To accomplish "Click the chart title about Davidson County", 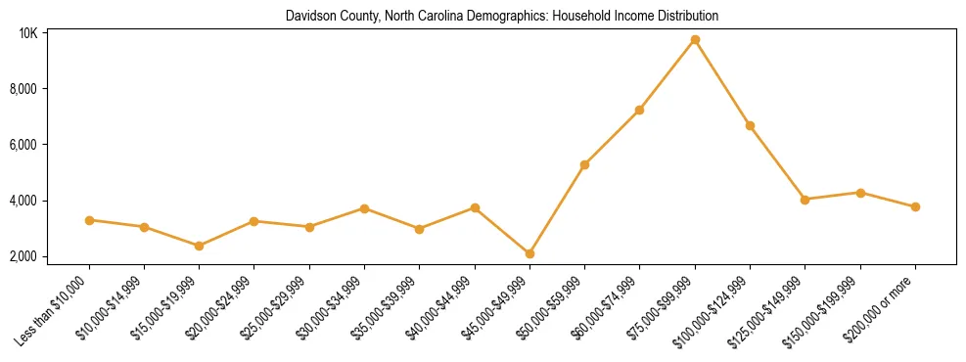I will pos(501,16).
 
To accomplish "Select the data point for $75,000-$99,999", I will pos(695,40).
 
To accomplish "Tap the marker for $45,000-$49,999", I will pos(529,253).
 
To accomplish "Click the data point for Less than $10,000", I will pos(89,220).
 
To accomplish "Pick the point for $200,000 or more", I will pos(915,206).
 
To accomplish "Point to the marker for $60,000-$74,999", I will pos(639,110).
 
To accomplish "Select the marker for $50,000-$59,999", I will pos(584,164).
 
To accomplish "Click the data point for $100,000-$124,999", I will pos(750,125).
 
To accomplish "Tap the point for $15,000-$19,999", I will pos(199,246).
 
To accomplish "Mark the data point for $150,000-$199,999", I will pos(860,193).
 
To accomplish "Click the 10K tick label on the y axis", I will pos(28,33).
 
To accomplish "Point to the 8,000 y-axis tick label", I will pos(23,89).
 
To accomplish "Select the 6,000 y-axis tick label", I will pos(23,145).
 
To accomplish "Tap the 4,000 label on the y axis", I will pos(23,201).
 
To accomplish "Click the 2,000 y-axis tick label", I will pos(23,256).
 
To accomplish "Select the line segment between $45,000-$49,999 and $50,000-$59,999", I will pos(557,209).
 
